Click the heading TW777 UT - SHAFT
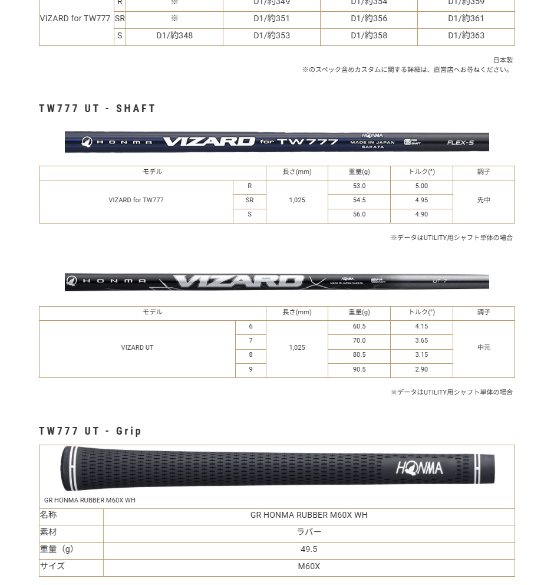tap(97, 109)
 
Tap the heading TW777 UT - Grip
tap(90, 431)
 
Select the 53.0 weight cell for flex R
tap(359, 186)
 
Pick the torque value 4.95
tap(421, 201)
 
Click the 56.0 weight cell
tap(359, 215)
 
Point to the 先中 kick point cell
tap(483, 201)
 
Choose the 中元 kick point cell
tap(483, 348)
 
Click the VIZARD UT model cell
tap(137, 348)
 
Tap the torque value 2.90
tap(421, 370)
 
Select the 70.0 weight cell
tap(359, 341)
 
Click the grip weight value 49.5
tap(309, 550)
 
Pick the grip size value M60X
tap(309, 567)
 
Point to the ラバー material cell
tap(309, 533)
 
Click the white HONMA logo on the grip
tap(419, 469)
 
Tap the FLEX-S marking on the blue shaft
tap(460, 143)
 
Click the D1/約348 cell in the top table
tap(174, 36)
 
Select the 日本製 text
tap(503, 60)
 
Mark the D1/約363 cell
tap(466, 36)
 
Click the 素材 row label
tap(48, 533)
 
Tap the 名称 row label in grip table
tap(48, 515)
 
